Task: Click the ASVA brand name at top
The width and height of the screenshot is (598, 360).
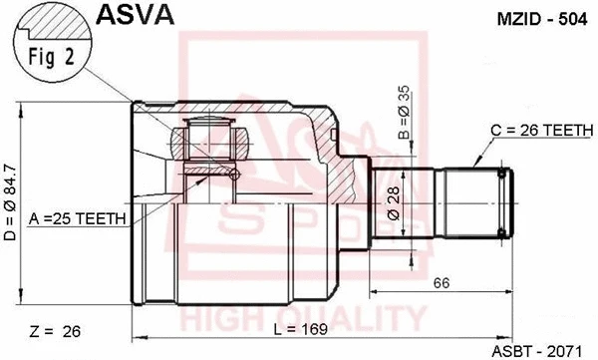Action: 136,14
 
